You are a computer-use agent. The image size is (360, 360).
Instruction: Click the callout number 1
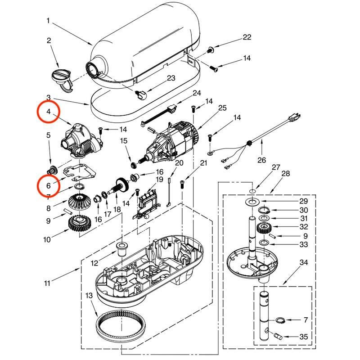click(x=49, y=21)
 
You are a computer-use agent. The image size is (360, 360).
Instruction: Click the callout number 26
click(x=262, y=160)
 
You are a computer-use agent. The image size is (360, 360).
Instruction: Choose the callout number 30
click(x=304, y=210)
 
